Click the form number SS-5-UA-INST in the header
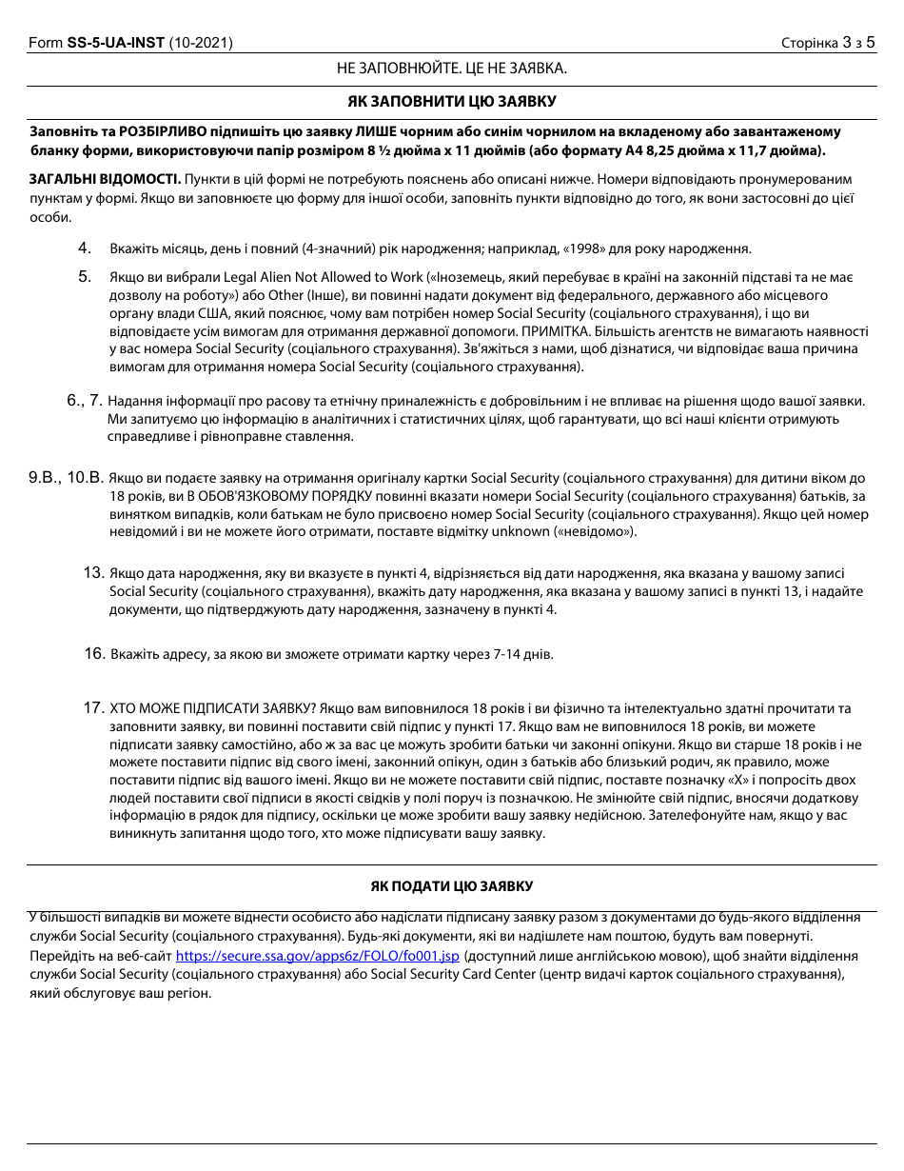pos(116,43)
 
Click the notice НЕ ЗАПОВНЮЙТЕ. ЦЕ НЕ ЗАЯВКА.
pos(451,69)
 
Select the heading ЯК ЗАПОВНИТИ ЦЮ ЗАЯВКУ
pos(451,101)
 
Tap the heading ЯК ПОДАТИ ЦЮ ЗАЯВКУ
pos(451,886)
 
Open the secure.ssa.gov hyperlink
pos(318,955)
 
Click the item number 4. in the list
pos(85,248)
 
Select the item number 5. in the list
pos(85,277)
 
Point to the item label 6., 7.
pos(84,401)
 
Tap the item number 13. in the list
pos(93,573)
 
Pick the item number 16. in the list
pos(93,653)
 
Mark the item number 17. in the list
pos(93,708)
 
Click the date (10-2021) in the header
pos(201,43)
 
